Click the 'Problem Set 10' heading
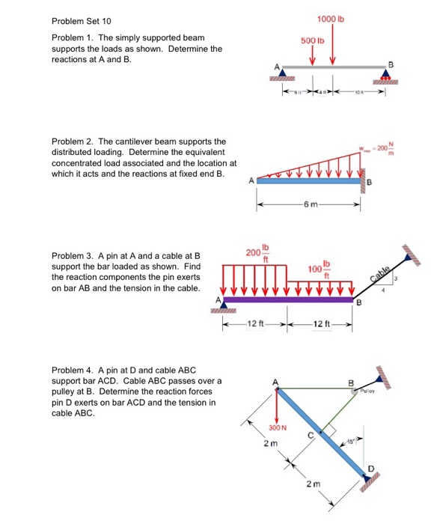(x=79, y=21)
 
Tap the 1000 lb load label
(x=330, y=18)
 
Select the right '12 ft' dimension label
(x=320, y=323)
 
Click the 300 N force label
(x=278, y=427)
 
